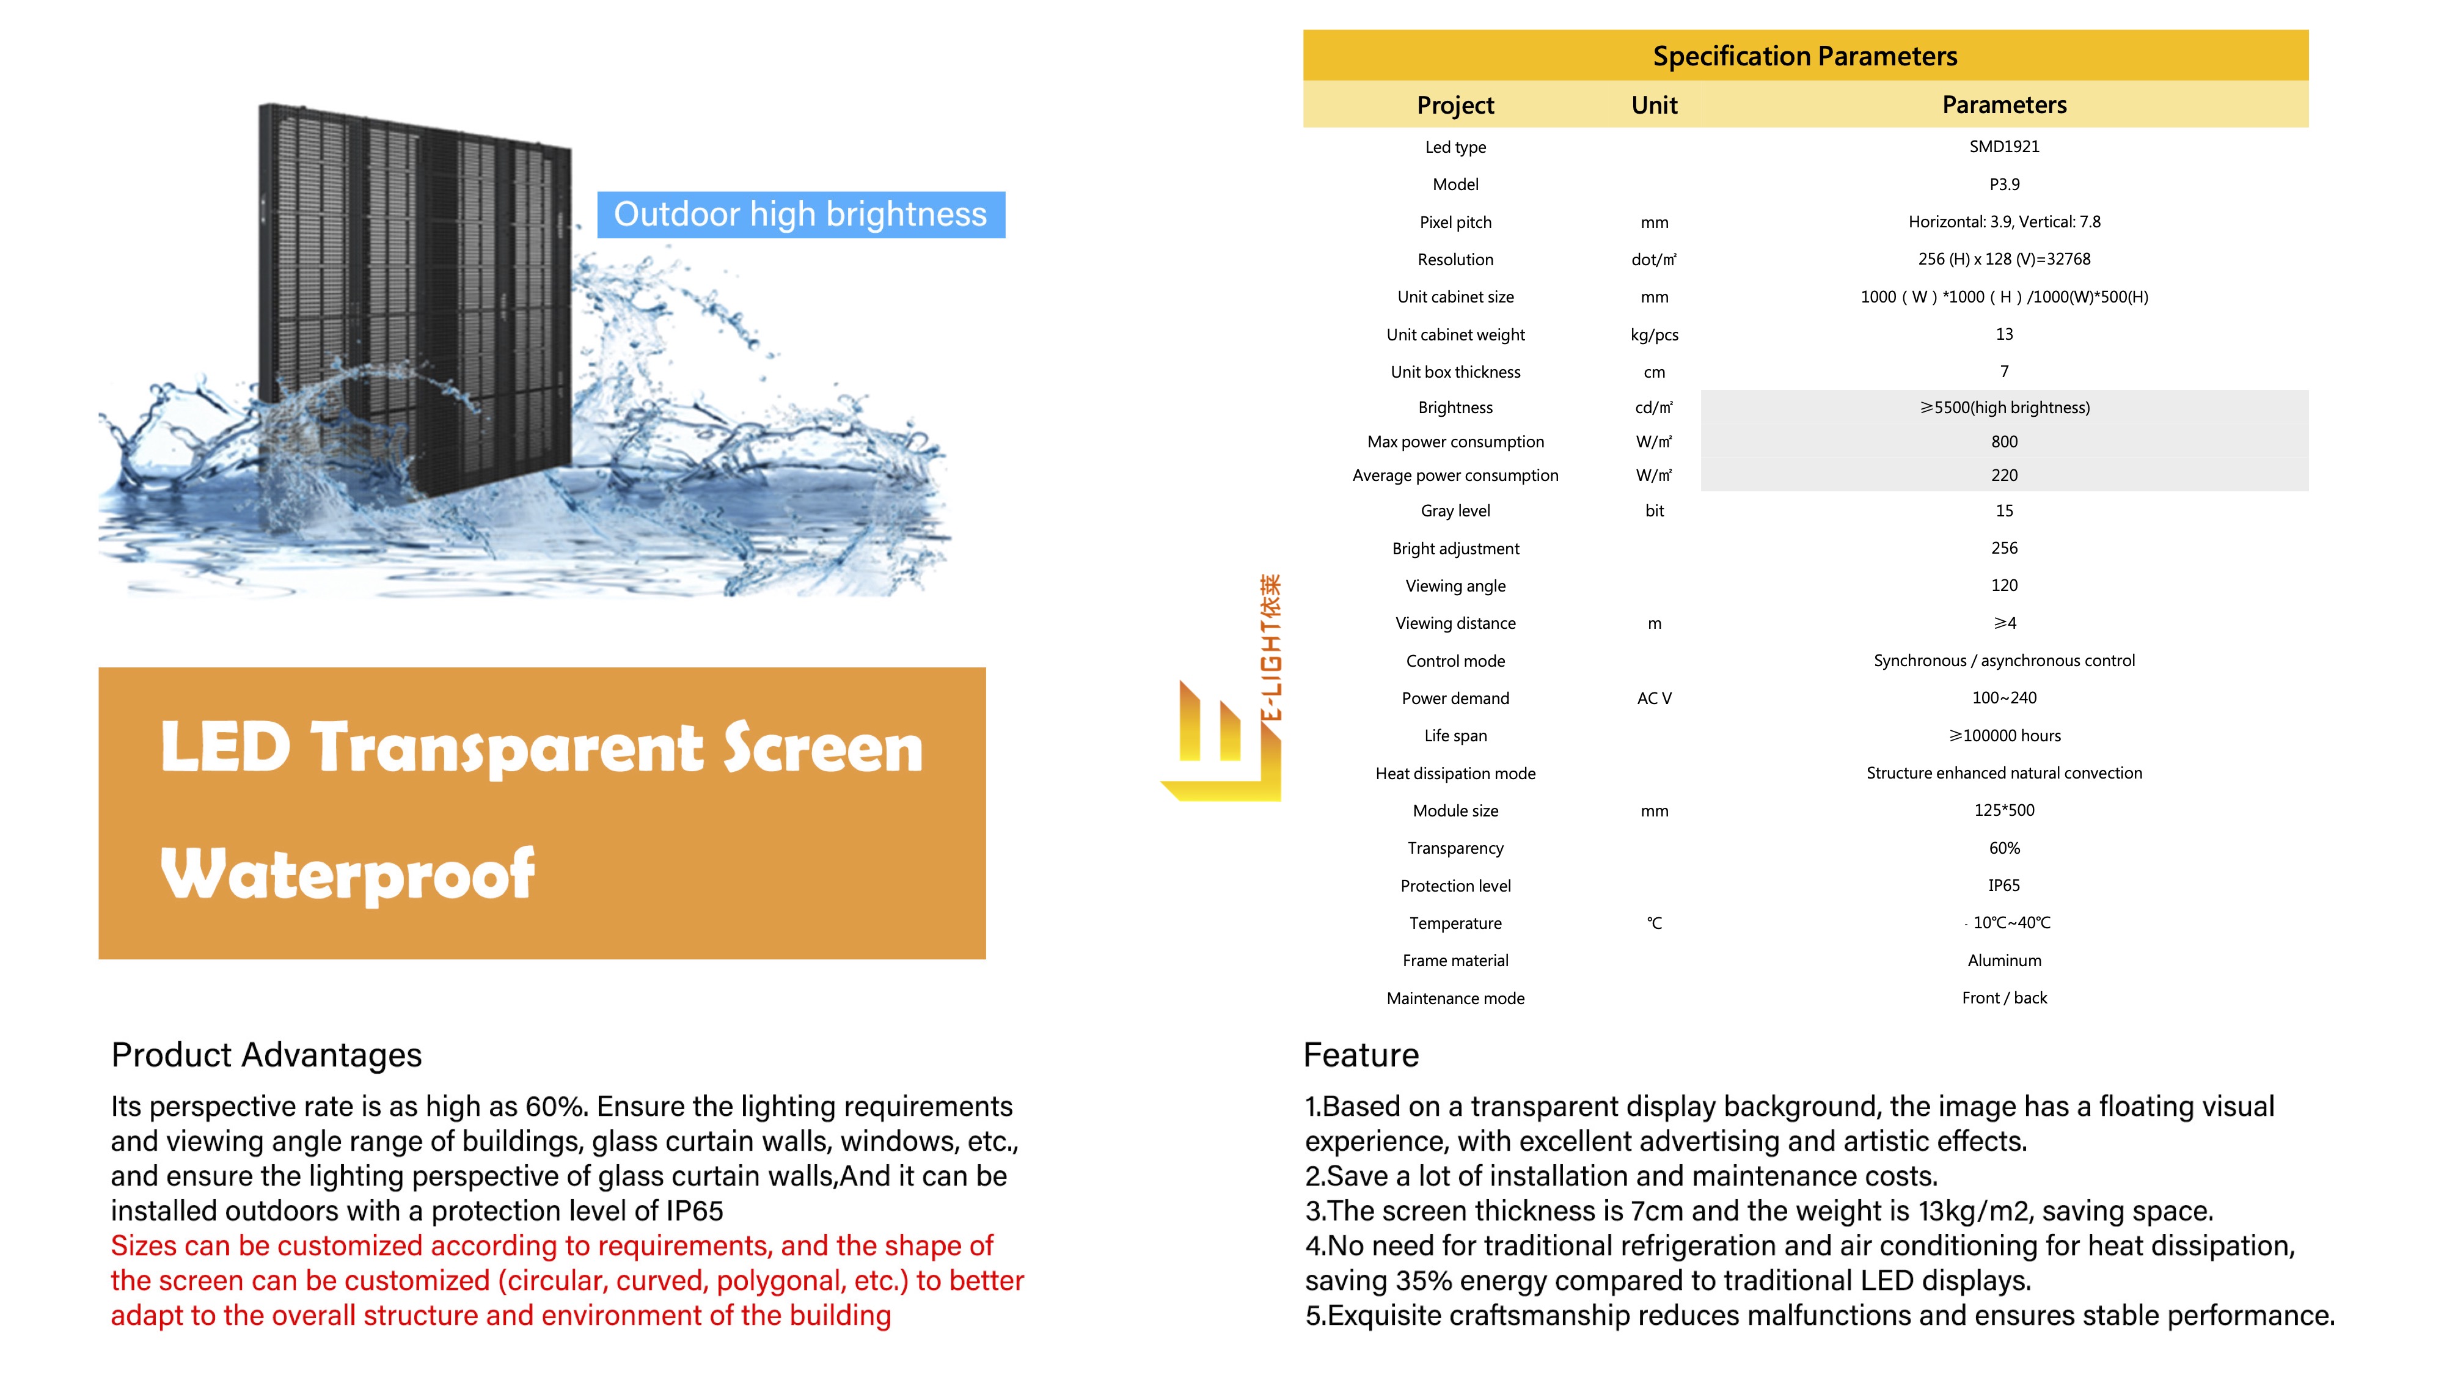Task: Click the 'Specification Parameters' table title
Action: [x=1804, y=56]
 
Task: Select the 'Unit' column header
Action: [x=1654, y=105]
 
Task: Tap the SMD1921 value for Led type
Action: [x=2004, y=146]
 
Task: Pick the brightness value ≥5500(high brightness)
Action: [x=2004, y=407]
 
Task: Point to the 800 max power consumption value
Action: [x=2004, y=441]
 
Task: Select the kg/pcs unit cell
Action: [x=1654, y=334]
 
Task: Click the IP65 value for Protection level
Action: [x=2004, y=886]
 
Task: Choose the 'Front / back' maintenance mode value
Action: [x=2004, y=997]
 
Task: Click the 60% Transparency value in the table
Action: [x=2004, y=848]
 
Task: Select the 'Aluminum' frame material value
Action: [x=2004, y=960]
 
